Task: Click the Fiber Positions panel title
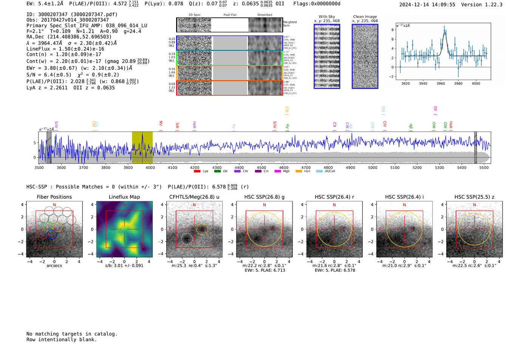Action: point(54,197)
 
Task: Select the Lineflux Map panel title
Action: point(124,197)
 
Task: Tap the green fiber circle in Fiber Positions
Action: point(48,227)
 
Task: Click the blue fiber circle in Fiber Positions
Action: point(52,234)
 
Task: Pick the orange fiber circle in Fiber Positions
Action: point(57,227)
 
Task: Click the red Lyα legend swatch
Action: point(197,171)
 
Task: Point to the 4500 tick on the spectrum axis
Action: point(261,167)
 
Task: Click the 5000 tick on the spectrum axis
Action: point(373,167)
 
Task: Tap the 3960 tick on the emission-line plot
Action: point(441,83)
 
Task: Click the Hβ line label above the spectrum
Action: point(410,127)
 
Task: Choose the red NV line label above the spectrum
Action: point(161,124)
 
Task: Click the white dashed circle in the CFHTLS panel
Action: point(187,238)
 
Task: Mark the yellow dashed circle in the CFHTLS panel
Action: point(202,229)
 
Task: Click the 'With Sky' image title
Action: point(326,17)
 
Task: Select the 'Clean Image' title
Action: point(365,17)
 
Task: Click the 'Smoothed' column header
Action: point(264,15)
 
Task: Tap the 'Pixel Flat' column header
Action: point(230,15)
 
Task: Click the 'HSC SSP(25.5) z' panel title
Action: point(474,197)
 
